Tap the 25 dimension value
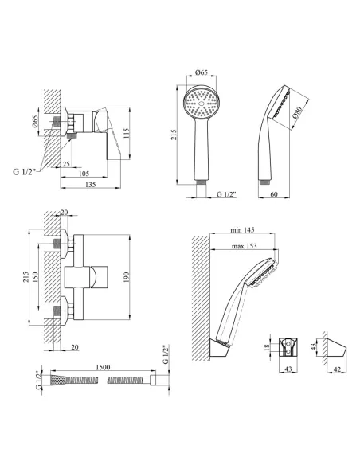point(67,163)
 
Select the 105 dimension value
point(84,174)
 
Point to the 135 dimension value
point(90,185)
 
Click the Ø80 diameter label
point(297,113)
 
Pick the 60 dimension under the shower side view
point(274,194)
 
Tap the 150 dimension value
point(35,277)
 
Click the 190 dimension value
point(127,277)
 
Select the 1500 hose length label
point(103,367)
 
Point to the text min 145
point(242,230)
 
